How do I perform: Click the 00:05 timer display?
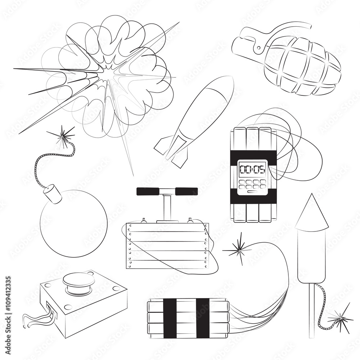click(x=252, y=168)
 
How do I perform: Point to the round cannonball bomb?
click(x=73, y=223)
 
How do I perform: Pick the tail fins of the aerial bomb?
click(x=172, y=151)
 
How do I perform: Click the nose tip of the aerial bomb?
click(x=229, y=81)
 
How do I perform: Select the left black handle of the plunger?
click(x=149, y=191)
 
